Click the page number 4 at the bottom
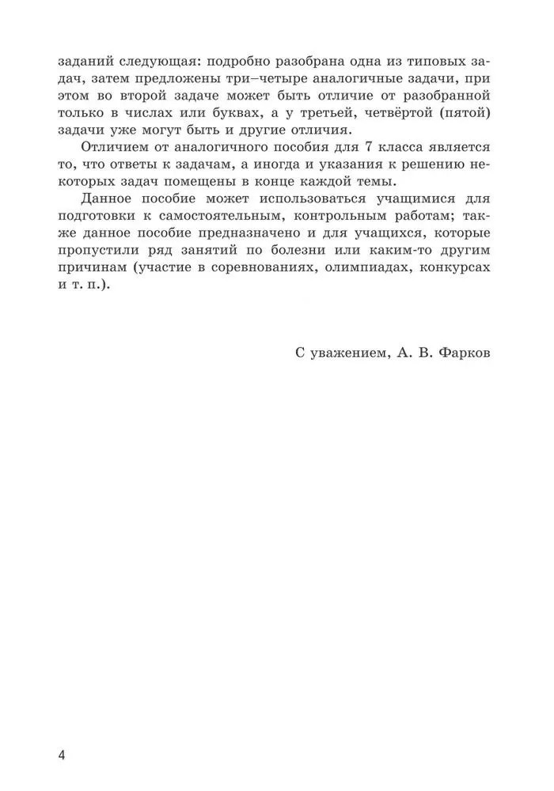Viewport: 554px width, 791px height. click(61, 754)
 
